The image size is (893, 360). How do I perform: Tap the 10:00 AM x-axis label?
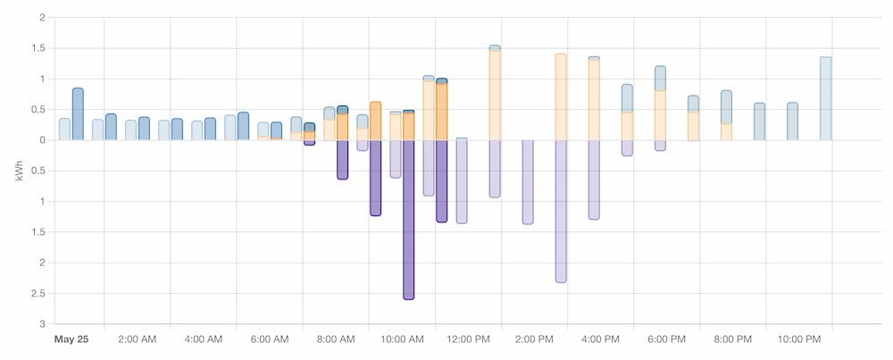tap(402, 339)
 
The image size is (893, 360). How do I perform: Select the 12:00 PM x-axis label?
tap(468, 339)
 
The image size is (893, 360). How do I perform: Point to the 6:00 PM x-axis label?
tap(666, 339)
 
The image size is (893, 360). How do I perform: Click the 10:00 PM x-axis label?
tap(799, 339)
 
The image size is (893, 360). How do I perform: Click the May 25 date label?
tap(71, 339)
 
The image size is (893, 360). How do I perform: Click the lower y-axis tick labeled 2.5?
tap(39, 293)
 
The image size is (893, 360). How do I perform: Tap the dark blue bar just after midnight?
tap(78, 113)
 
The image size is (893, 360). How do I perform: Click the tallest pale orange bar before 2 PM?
tap(495, 95)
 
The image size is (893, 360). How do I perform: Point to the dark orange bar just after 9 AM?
tap(376, 121)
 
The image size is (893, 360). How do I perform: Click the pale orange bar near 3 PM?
tap(561, 96)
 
